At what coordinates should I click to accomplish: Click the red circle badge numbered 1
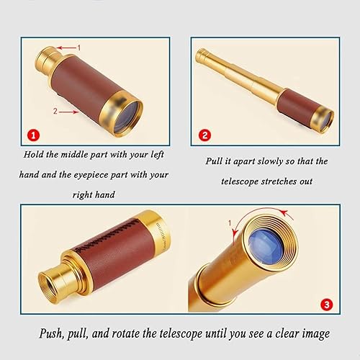(31, 134)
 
